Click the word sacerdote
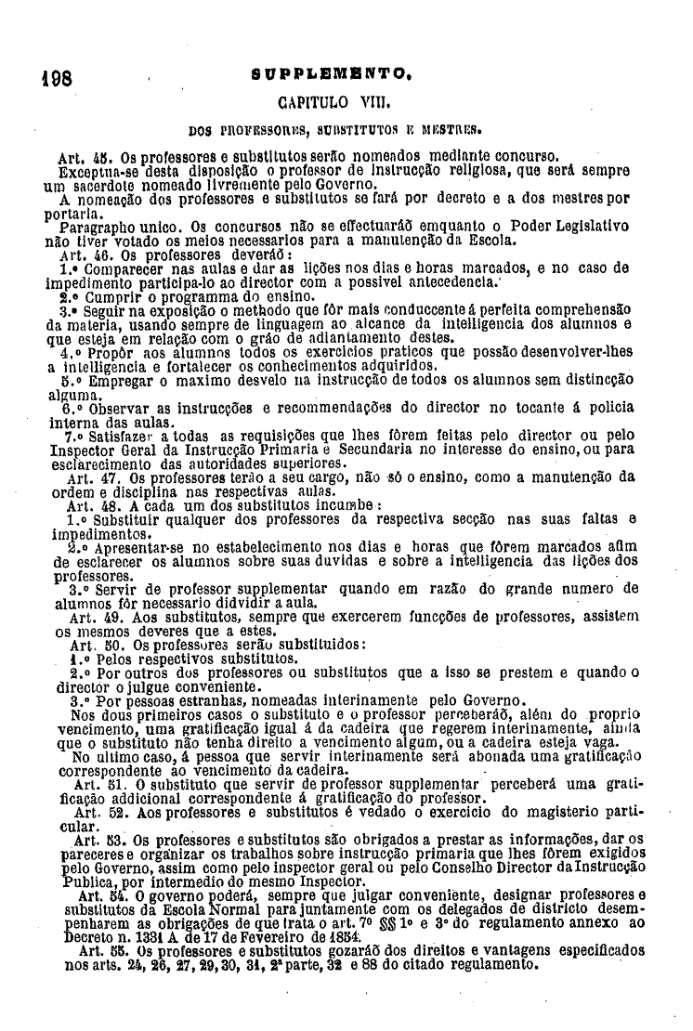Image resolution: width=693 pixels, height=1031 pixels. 103,186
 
